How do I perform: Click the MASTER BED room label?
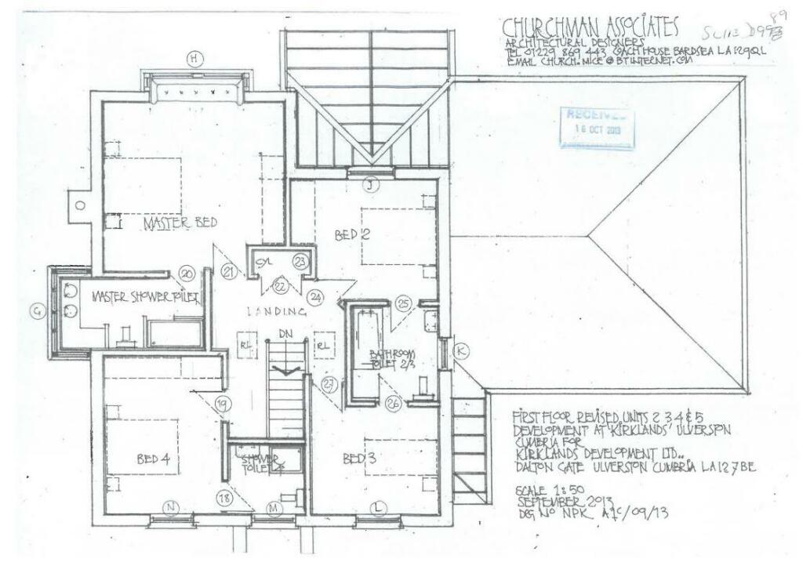point(180,223)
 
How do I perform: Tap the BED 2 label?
point(351,234)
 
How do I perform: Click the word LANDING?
point(272,310)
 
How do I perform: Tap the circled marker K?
point(461,352)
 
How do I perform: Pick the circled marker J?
point(372,186)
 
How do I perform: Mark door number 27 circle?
point(329,384)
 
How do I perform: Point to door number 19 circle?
point(224,405)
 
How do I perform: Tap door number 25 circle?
point(404,303)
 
